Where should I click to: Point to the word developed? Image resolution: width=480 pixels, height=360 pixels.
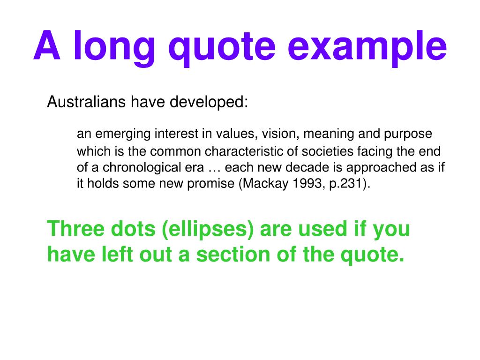[x=209, y=102]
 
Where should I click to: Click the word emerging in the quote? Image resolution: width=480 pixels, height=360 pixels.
[x=125, y=135]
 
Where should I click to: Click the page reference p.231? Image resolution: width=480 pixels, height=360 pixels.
[x=341, y=184]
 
